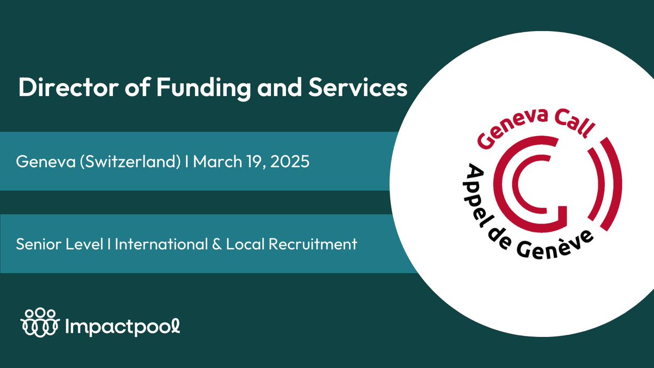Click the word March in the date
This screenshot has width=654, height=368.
[x=215, y=162]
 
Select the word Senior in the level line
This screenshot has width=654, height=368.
[x=36, y=244]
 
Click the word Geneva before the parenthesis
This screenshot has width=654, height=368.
[x=38, y=162]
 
